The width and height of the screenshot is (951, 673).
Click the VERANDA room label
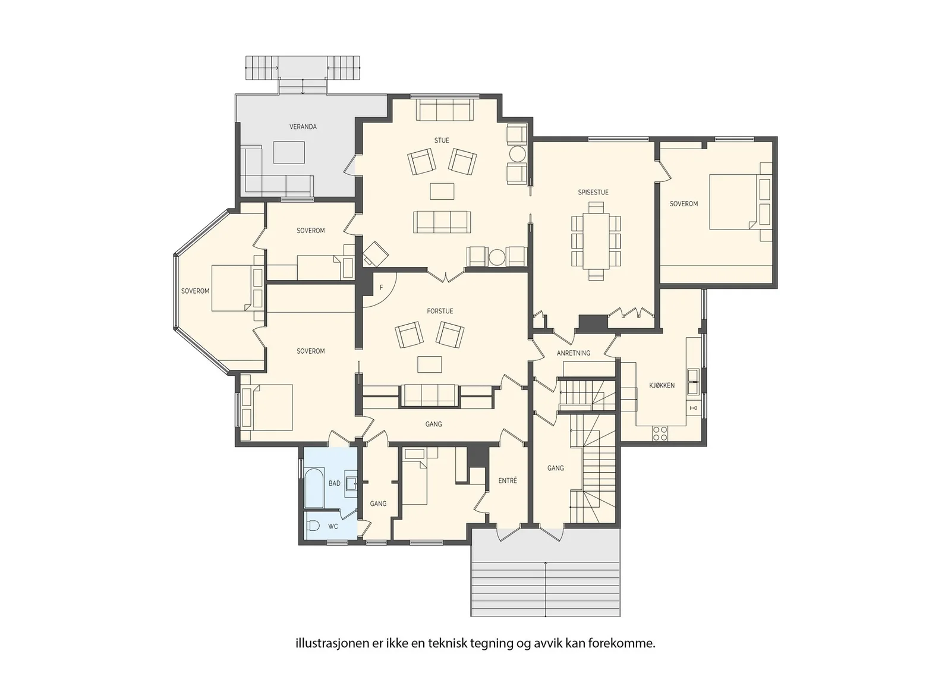[x=303, y=127]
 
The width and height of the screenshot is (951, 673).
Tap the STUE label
[x=442, y=140]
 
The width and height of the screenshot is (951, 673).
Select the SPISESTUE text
[x=593, y=193]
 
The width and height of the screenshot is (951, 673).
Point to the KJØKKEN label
[x=662, y=385]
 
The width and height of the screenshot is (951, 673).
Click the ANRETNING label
[x=574, y=353]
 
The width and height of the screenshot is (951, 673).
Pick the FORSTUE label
[x=440, y=312]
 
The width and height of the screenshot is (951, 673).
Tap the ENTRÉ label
[x=508, y=480]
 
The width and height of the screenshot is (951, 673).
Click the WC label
[x=333, y=527]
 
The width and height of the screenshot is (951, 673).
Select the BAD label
[x=335, y=483]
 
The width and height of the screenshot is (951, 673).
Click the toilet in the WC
[x=313, y=526]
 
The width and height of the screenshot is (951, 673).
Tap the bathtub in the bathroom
[x=314, y=488]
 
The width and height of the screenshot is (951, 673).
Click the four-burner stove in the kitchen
[x=660, y=433]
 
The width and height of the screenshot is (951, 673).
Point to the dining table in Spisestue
[x=596, y=241]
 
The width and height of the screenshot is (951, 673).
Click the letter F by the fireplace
[x=381, y=288]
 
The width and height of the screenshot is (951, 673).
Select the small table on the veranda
[x=289, y=152]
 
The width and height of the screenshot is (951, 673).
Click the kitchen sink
[x=693, y=382]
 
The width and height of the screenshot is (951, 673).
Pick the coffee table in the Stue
[x=442, y=191]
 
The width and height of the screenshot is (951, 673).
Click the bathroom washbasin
[x=350, y=483]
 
